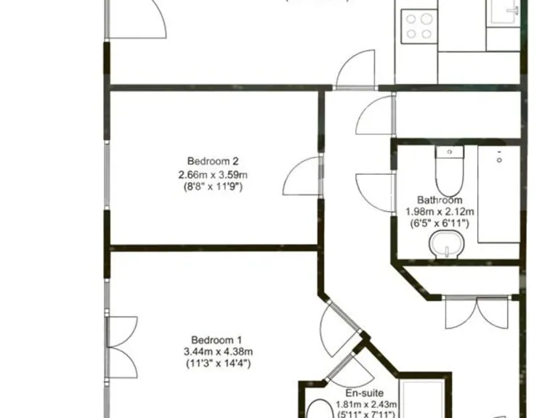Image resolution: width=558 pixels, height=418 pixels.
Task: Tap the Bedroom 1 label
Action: pos(217,340)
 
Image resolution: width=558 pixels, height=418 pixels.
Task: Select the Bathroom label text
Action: pos(439,200)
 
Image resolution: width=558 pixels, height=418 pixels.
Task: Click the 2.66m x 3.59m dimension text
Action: pos(214,174)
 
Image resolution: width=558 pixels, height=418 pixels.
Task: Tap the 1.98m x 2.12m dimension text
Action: pos(440,212)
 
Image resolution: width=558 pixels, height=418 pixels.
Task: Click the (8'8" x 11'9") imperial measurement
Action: pos(214,187)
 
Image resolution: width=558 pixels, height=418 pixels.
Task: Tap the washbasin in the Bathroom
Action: pos(445,245)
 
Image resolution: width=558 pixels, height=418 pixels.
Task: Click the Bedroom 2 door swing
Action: pos(302,176)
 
